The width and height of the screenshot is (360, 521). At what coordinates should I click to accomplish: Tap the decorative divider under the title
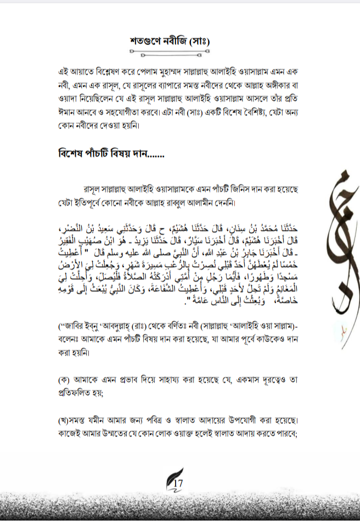tap(170, 53)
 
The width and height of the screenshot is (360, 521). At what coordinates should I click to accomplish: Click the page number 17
tap(178, 483)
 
